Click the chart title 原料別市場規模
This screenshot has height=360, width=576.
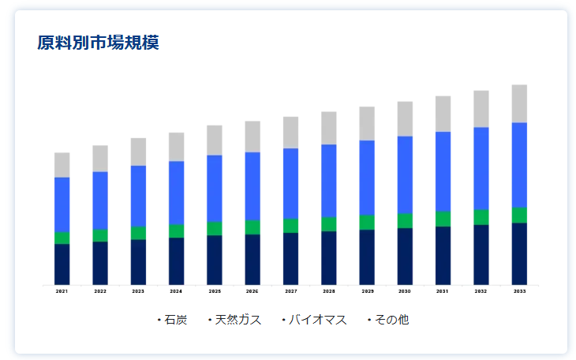(98, 43)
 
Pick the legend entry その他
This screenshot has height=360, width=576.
(389, 320)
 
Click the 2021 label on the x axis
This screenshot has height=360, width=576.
(62, 291)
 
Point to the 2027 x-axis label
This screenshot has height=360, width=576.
(290, 291)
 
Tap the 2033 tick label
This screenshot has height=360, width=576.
(519, 291)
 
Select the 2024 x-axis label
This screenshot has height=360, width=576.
(176, 291)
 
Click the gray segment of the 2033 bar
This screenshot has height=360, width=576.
(519, 103)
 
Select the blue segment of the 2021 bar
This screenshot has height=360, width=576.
(62, 204)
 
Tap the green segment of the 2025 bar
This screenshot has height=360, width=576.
(215, 228)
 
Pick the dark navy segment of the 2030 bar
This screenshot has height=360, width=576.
(405, 256)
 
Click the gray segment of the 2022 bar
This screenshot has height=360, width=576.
(100, 159)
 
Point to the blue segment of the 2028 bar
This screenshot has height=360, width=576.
(328, 181)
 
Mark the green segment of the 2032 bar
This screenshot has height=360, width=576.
(481, 217)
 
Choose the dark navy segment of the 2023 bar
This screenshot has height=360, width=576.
(138, 261)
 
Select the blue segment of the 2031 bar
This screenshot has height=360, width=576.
(443, 171)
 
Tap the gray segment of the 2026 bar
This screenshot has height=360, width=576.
(252, 137)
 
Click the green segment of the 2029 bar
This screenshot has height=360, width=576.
(367, 222)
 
